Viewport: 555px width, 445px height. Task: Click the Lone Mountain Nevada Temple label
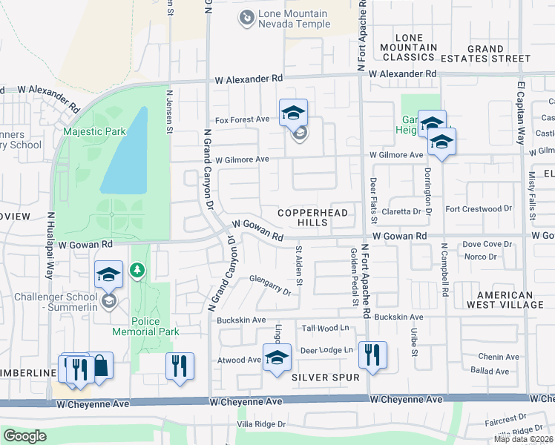293,20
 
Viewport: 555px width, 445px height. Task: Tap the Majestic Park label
94,131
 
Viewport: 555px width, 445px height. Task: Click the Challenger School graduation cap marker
109,275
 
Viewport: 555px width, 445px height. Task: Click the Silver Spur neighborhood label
325,378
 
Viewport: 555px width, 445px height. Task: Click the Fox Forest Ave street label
242,119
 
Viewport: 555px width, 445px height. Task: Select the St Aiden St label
300,266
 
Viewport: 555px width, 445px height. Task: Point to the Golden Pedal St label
355,277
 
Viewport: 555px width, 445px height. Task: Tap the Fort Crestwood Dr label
479,210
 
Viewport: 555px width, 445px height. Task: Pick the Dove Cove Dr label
487,244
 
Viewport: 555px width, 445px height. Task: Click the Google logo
24,436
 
